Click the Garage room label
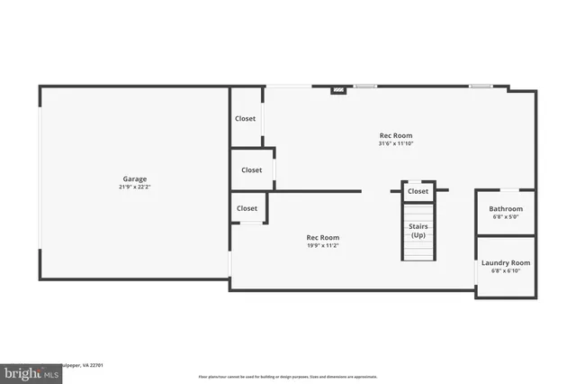pyautogui.click(x=134, y=178)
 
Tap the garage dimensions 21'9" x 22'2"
pyautogui.click(x=134, y=187)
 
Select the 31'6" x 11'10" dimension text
pyautogui.click(x=396, y=143)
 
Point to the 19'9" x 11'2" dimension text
pyautogui.click(x=323, y=245)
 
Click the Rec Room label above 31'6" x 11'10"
pyautogui.click(x=396, y=135)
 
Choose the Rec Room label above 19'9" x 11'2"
pyautogui.click(x=323, y=237)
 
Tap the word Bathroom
pyautogui.click(x=506, y=208)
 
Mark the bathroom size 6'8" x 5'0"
pyautogui.click(x=506, y=216)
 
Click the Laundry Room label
pyautogui.click(x=506, y=262)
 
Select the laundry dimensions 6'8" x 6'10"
pyautogui.click(x=506, y=270)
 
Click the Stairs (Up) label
pyautogui.click(x=418, y=230)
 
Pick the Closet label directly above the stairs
pyautogui.click(x=418, y=191)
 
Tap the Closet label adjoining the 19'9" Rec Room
pyautogui.click(x=247, y=208)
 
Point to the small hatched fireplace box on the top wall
pyautogui.click(x=338, y=89)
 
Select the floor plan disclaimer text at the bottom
pyautogui.click(x=287, y=376)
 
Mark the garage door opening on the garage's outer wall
pyautogui.click(x=39, y=180)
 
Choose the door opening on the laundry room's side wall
pyautogui.click(x=476, y=274)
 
